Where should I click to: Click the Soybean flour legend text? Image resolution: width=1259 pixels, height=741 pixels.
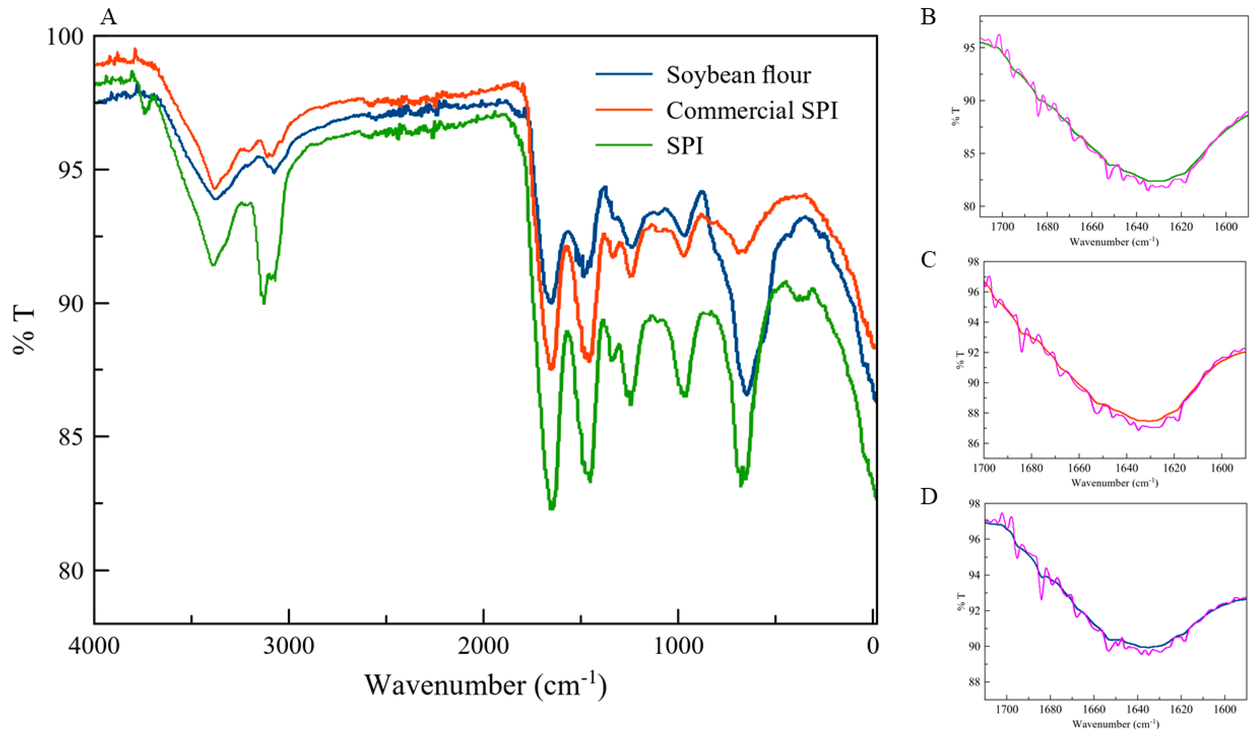[738, 76]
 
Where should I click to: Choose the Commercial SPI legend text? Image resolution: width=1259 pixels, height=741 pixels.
[751, 111]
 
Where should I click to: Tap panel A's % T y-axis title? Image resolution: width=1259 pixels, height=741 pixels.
[24, 330]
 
